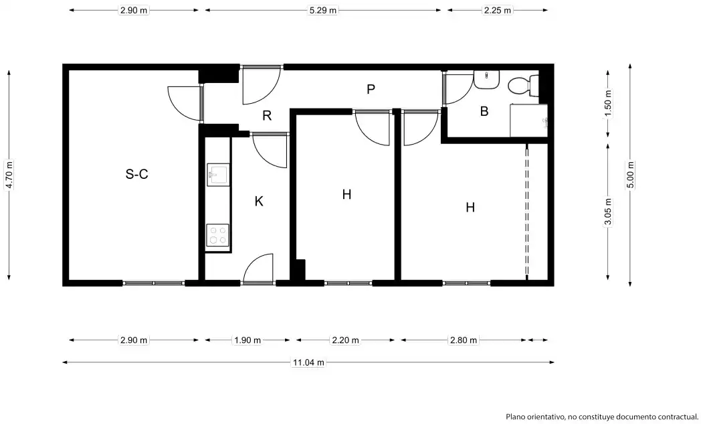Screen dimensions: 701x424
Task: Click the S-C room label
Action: point(137,174)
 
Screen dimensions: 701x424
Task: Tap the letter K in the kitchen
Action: point(259,202)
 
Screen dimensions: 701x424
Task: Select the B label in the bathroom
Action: point(484,111)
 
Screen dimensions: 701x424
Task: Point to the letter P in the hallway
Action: point(371,90)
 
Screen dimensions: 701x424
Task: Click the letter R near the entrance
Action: point(267,116)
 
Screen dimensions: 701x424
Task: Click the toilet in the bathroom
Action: point(523,85)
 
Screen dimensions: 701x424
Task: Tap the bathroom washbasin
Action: point(486,79)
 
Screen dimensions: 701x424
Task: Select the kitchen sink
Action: point(217,175)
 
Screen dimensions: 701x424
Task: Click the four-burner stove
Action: point(217,236)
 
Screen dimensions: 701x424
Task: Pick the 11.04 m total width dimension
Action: point(308,362)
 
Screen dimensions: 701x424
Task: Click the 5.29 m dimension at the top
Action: point(323,10)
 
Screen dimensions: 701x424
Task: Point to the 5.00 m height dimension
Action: point(630,175)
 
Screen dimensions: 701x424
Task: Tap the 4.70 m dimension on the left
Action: point(9,175)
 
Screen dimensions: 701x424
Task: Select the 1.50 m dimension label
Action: point(608,104)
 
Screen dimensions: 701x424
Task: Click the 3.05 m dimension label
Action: point(608,212)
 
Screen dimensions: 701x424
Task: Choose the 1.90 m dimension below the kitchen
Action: point(247,340)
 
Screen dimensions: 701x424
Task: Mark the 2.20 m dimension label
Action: point(345,340)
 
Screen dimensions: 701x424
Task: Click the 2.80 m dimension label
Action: point(464,340)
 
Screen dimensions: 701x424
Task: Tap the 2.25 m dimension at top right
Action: point(498,10)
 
